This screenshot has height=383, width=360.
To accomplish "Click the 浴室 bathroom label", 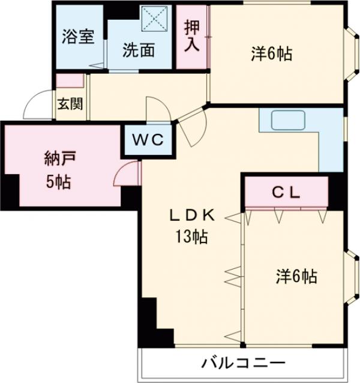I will coord(79,36).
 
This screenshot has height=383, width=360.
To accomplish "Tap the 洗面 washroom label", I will coord(139,50).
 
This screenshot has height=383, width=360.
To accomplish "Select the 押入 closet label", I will coord(192,36).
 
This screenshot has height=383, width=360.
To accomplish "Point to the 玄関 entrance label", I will coord(70,104).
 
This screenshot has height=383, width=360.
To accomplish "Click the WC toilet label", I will coord(148,140).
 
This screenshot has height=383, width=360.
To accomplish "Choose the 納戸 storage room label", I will coord(60,159).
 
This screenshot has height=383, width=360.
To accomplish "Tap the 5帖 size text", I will coord(59,182).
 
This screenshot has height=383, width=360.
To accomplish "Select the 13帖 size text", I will coord(191,237).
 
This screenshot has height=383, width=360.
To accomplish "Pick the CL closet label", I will coord(286,193).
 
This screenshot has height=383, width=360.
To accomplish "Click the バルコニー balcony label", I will coord(243,363).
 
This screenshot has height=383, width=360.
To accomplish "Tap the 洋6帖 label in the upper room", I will coord(271,54).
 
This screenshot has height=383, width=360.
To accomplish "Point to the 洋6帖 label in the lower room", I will coord(296,277).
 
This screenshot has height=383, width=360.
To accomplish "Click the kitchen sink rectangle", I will coord(290,121).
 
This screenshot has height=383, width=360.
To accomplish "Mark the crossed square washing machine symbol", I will coord(157,19).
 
